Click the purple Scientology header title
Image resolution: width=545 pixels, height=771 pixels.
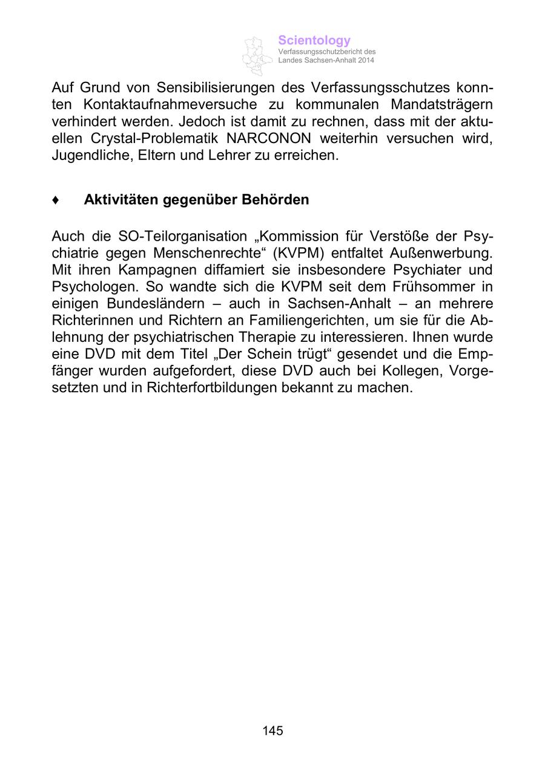coord(314,41)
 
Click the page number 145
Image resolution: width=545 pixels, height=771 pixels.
coord(272,731)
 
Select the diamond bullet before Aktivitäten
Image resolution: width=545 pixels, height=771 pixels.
coord(56,200)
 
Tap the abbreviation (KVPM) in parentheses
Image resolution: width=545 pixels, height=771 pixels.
coord(294,253)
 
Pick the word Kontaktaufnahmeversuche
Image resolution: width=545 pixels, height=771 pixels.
coord(166,104)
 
